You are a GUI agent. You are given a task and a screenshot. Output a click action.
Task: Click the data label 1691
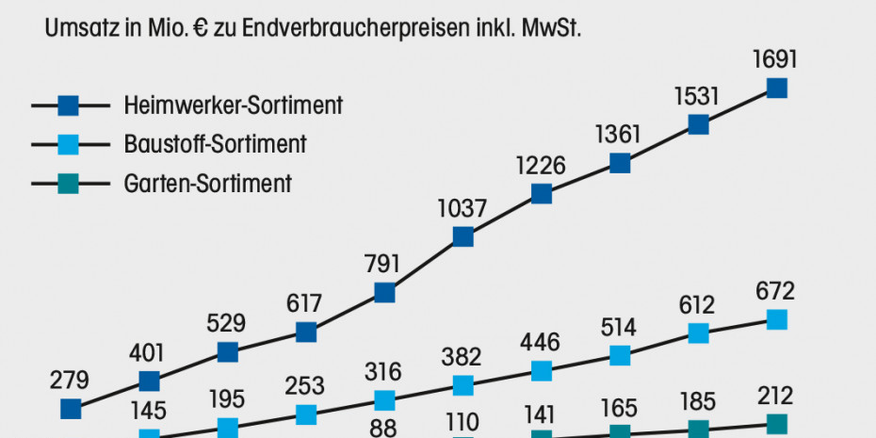776,59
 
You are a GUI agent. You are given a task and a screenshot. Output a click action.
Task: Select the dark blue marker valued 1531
698,124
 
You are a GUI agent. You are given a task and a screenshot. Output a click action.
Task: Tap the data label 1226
541,166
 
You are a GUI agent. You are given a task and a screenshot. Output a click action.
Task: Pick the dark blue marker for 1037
462,236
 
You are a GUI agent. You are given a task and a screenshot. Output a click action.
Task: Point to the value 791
384,263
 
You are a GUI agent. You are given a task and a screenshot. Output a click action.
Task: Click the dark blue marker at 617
305,332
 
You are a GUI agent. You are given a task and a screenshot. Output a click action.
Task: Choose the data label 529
227,323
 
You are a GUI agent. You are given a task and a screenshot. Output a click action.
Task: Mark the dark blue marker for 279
70,409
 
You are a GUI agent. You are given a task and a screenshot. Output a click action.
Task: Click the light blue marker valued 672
776,319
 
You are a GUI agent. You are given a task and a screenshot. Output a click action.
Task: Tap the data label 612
698,305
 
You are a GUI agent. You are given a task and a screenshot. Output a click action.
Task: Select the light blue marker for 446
541,370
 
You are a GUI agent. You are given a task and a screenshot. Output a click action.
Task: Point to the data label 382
462,357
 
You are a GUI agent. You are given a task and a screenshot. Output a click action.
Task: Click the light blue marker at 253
305,414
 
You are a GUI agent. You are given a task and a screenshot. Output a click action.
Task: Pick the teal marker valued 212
776,424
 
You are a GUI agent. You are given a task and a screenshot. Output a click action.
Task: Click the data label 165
619,408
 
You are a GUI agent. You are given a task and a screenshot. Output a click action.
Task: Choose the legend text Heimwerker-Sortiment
233,105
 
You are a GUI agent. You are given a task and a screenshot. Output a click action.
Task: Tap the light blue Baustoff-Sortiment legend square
70,144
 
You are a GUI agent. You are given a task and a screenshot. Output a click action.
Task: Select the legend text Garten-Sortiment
207,184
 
